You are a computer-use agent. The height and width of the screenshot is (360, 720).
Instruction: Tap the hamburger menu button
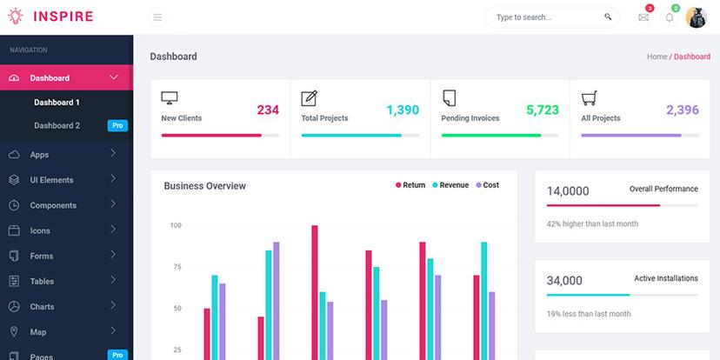(157, 17)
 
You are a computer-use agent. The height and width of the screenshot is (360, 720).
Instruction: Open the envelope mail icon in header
(643, 17)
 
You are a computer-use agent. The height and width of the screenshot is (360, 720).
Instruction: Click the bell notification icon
(670, 17)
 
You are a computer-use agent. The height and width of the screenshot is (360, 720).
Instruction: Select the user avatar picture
(697, 17)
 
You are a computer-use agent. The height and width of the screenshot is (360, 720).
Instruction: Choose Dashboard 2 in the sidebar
(57, 126)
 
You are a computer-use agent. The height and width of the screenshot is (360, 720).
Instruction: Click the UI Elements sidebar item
(51, 180)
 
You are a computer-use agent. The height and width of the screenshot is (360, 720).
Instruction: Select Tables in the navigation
(42, 282)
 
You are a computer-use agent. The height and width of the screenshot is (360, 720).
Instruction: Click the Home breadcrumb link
(657, 57)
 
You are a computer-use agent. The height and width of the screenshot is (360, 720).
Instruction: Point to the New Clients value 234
(268, 110)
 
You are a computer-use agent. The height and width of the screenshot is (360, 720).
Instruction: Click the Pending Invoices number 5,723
(543, 110)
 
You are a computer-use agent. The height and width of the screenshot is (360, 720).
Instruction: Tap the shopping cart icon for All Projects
(589, 97)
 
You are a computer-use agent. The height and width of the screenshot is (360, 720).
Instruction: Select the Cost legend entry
(490, 185)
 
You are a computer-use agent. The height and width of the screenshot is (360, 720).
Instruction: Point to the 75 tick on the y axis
(176, 267)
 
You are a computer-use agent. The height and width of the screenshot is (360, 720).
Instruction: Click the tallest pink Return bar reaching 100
(314, 291)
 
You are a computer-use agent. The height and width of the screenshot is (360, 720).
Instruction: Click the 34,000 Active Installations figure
(564, 281)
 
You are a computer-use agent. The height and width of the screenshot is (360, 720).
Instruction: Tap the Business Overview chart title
(204, 186)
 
